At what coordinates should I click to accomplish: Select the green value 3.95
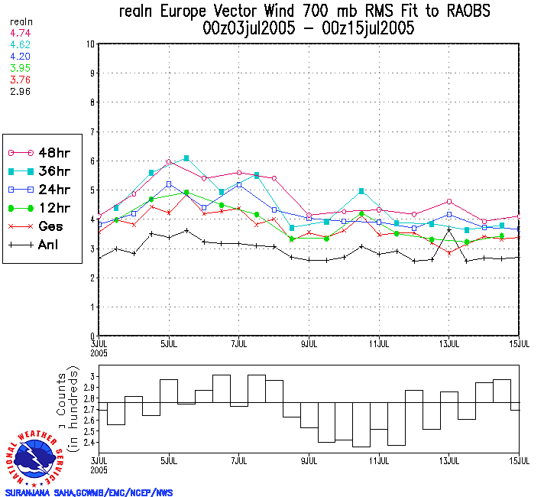pos(21,68)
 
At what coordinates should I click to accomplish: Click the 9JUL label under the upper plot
pos(309,342)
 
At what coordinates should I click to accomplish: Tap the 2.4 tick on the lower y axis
pos(87,443)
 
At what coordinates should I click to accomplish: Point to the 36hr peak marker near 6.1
pos(186,158)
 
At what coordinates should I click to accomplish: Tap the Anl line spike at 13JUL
pos(449,229)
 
